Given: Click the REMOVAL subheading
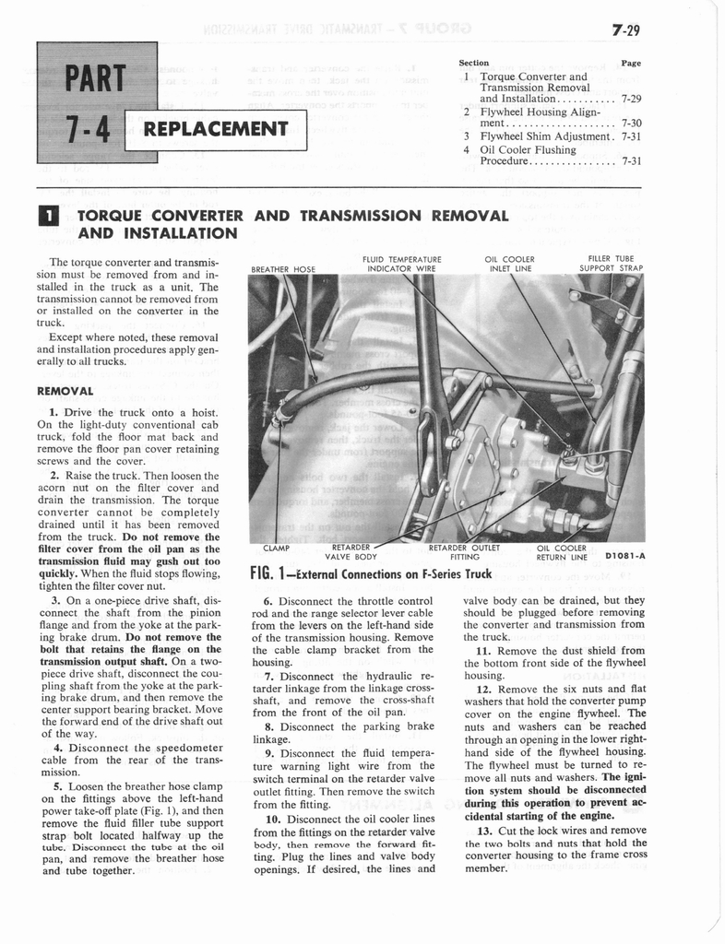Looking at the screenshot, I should click(x=65, y=390).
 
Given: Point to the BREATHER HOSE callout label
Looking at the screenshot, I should click(x=283, y=269).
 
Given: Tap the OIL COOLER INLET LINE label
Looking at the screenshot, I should click(x=509, y=264).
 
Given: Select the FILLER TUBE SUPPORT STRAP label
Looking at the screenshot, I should click(x=611, y=264).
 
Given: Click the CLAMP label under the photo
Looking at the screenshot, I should click(x=277, y=548).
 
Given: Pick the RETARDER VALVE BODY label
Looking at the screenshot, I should click(x=351, y=551).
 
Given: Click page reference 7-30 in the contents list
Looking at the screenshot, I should click(x=631, y=122).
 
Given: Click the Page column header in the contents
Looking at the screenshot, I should click(x=631, y=64).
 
